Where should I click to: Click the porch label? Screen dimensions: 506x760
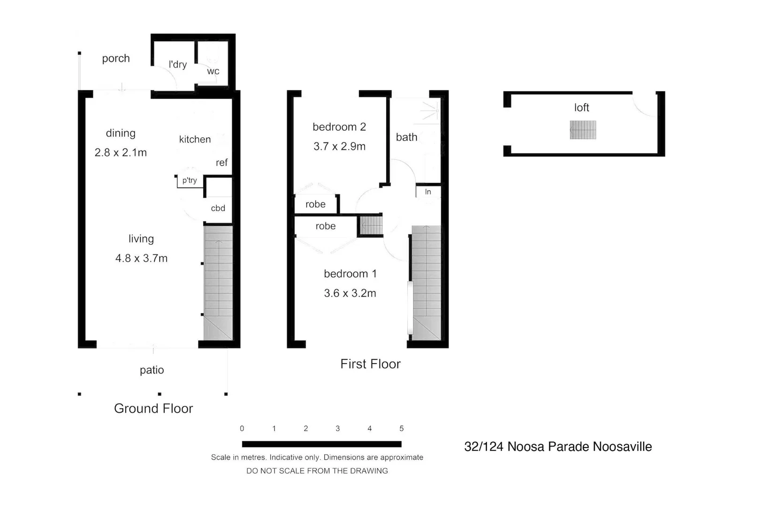tap(116, 59)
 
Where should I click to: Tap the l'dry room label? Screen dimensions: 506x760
tap(177, 64)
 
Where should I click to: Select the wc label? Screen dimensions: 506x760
tap(213, 71)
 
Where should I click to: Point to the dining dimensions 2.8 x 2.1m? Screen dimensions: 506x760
tap(121, 152)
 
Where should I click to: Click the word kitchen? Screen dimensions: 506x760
tap(195, 139)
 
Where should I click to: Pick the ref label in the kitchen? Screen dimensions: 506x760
tap(221, 163)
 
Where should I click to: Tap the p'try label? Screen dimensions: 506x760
tap(190, 180)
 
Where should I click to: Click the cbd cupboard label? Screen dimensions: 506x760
tap(218, 208)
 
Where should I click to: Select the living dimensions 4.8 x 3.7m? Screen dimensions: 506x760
tap(141, 258)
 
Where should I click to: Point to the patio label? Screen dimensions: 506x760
tap(152, 370)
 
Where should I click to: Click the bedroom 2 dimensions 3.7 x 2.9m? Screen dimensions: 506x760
tap(339, 146)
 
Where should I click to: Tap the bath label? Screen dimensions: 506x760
tap(406, 137)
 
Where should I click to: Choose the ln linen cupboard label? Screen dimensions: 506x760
tap(428, 192)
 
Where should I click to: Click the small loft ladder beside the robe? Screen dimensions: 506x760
tap(371, 225)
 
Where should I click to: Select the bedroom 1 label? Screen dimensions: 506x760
tap(350, 274)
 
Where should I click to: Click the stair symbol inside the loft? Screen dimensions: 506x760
tap(583, 130)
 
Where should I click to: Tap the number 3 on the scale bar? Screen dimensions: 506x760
tap(337, 428)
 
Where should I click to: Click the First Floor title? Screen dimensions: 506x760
tap(370, 364)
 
